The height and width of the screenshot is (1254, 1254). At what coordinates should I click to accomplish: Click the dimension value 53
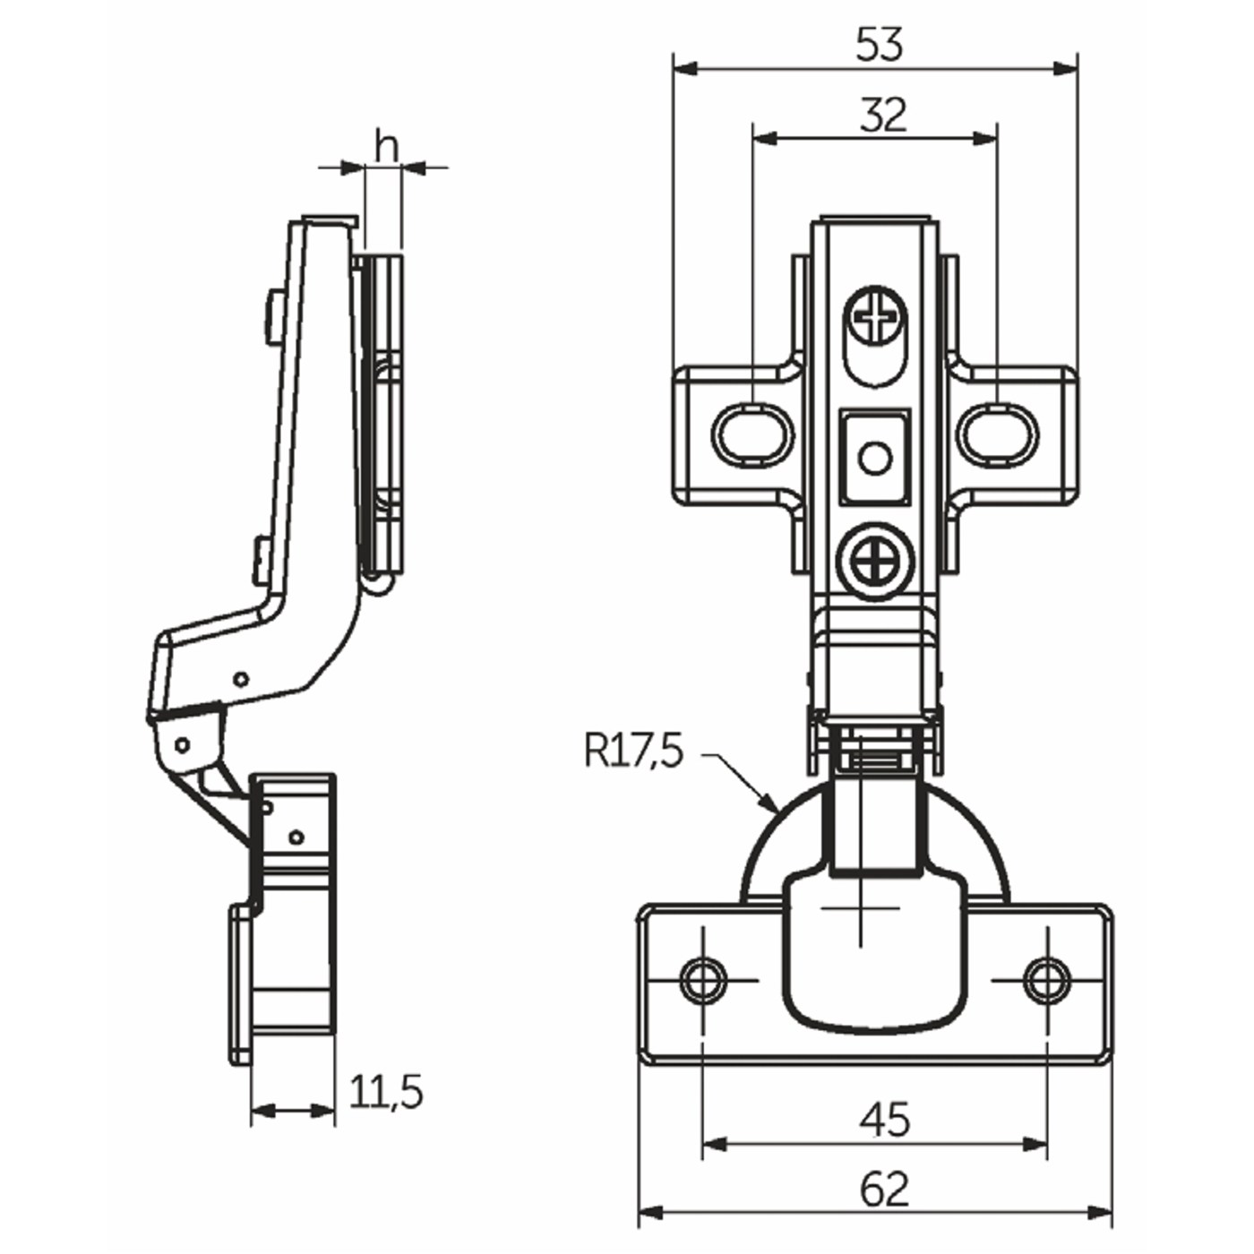pos(879,45)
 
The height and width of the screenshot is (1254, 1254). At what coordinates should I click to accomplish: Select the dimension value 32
pos(883,116)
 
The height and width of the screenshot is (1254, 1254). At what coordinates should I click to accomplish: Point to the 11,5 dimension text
pos(385,1092)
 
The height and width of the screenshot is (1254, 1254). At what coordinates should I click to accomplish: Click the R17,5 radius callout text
pos(633,751)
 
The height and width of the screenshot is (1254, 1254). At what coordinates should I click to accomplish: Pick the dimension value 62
pos(885,1190)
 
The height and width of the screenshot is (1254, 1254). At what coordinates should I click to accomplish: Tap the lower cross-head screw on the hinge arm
pos(874,562)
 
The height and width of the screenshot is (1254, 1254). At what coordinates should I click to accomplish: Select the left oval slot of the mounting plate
pos(752,435)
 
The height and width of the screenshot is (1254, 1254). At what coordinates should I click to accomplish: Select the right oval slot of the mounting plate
pos(999,435)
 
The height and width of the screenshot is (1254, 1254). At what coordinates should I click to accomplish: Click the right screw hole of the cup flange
pos(1046,980)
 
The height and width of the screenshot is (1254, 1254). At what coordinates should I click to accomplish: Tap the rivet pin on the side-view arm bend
pos(240,679)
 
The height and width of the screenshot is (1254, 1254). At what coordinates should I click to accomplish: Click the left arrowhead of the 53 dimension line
pos(676,68)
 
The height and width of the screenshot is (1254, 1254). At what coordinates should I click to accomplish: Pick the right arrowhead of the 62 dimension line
pos(1109,1215)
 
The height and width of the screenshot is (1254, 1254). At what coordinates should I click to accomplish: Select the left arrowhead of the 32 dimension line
pos(755,138)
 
